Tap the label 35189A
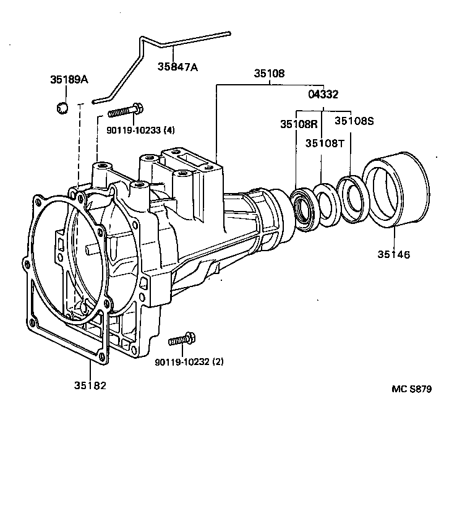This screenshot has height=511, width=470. (x=69, y=80)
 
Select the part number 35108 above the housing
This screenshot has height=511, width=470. (x=269, y=74)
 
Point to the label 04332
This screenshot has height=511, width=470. (x=323, y=95)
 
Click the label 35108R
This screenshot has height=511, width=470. (x=299, y=123)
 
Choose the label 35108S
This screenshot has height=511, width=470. (x=354, y=121)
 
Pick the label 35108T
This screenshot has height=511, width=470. (x=325, y=143)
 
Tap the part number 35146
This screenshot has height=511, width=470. (x=394, y=254)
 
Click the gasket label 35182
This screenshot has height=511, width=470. (x=90, y=385)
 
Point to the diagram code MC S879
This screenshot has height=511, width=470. (x=411, y=389)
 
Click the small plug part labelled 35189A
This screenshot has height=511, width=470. (x=62, y=108)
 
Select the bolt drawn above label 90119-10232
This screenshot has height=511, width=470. (x=182, y=340)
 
